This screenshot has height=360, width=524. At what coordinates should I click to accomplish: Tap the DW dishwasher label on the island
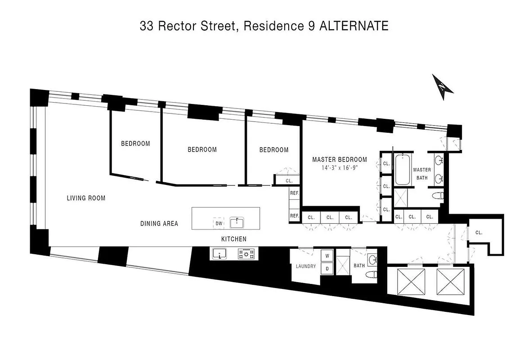[x=219, y=223]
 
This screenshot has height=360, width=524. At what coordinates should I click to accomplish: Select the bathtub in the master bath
[x=402, y=170]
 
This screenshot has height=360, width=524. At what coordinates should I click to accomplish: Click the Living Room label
[x=86, y=198]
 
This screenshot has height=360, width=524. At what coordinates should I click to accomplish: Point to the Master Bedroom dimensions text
[x=340, y=167]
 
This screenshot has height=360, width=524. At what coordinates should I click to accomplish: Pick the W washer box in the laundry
[x=327, y=256]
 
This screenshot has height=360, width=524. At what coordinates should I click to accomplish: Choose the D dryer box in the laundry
[x=327, y=269]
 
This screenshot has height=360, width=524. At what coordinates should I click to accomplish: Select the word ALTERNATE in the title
[x=354, y=26]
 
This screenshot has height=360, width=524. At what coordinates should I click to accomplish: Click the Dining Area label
[x=159, y=223]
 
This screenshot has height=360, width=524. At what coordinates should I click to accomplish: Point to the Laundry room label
[x=306, y=266]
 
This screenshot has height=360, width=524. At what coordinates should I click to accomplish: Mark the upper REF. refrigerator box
[x=295, y=193]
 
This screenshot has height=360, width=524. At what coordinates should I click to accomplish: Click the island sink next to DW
[x=237, y=222]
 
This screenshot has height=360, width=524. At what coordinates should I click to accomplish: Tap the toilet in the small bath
[x=370, y=275]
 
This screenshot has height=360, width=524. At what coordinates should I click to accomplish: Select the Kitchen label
[x=233, y=239]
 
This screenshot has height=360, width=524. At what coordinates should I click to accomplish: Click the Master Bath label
[x=422, y=173]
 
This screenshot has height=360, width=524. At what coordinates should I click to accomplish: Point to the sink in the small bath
[x=372, y=259]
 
